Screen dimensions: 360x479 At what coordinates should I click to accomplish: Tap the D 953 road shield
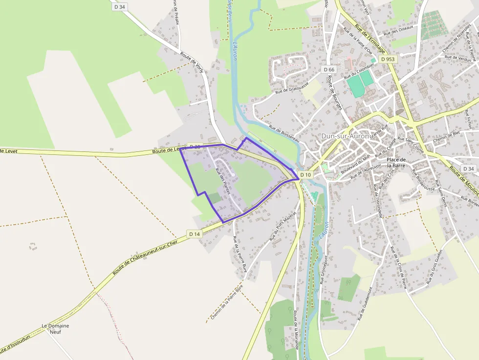pyautogui.click(x=387, y=59)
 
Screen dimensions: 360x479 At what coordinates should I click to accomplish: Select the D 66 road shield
pyautogui.click(x=329, y=70)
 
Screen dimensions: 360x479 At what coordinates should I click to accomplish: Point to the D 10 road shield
pyautogui.click(x=305, y=174)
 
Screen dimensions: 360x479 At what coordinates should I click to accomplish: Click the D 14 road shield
pyautogui.click(x=195, y=234)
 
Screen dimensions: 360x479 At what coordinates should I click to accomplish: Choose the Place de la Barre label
pyautogui.click(x=396, y=163)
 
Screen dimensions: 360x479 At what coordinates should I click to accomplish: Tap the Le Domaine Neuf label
pyautogui.click(x=55, y=329)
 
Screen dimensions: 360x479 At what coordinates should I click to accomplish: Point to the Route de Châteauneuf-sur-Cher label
pyautogui.click(x=145, y=257)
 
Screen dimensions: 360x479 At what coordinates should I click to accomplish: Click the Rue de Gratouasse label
pyautogui.click(x=292, y=87)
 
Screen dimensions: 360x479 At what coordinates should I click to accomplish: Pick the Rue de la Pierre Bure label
pyautogui.click(x=239, y=254)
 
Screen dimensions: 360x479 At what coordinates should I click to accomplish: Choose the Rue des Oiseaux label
pyautogui.click(x=399, y=30)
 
